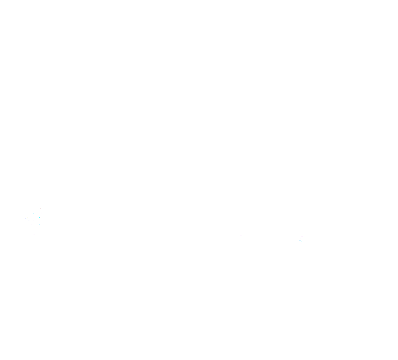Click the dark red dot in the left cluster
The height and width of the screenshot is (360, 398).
click(x=41, y=208)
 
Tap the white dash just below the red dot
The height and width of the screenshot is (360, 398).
click(x=42, y=213)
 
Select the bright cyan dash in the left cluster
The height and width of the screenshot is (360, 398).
click(x=40, y=217)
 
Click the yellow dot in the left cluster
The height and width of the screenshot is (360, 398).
click(x=28, y=218)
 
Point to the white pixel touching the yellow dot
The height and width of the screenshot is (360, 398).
click(x=28, y=219)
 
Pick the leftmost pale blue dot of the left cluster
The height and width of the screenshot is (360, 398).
click(x=25, y=218)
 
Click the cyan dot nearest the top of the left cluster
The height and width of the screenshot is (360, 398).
click(x=34, y=213)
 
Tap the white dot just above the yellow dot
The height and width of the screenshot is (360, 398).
click(x=30, y=216)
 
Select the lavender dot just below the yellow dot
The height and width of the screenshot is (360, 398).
click(x=29, y=220)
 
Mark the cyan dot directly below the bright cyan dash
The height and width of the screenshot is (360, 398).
click(x=40, y=224)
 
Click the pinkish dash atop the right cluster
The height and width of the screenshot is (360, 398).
click(x=302, y=237)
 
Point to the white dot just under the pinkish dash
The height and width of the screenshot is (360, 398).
click(x=301, y=238)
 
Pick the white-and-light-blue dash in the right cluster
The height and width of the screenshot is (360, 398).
click(x=299, y=240)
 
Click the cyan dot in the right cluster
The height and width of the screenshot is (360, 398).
click(x=302, y=241)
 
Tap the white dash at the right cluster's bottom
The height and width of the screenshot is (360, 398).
click(x=301, y=243)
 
